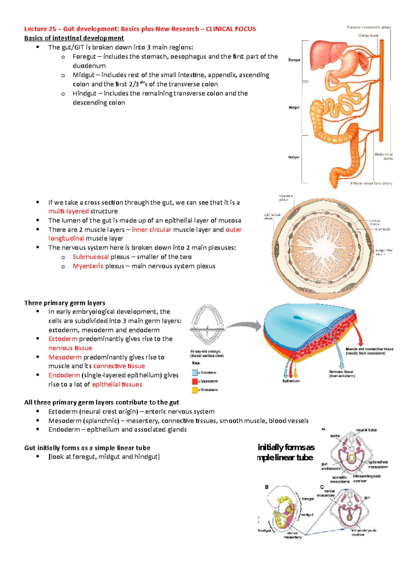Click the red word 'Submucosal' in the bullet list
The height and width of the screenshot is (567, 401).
tap(91, 257)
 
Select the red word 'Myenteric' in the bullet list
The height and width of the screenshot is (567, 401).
tap(88, 266)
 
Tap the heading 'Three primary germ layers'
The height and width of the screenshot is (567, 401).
tap(64, 303)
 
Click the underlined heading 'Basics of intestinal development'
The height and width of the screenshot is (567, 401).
tap(74, 38)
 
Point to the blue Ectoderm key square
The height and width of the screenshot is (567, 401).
tap(195, 373)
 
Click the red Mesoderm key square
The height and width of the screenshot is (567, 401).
tap(195, 381)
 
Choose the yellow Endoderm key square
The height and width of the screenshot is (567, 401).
tap(195, 390)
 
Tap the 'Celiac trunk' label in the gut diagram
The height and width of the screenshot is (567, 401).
tap(369, 35)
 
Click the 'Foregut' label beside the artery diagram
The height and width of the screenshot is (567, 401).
tap(294, 60)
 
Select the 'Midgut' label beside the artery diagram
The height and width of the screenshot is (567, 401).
tap(294, 108)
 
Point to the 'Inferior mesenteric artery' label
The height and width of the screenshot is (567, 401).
tap(371, 183)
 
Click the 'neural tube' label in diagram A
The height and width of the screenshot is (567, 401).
tap(366, 430)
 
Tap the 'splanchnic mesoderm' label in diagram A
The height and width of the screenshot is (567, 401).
tap(378, 464)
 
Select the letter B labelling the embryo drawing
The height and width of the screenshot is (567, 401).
tap(267, 487)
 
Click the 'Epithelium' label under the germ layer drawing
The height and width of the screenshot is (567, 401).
tap(291, 381)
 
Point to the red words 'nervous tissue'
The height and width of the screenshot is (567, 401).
tap(70, 348)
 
